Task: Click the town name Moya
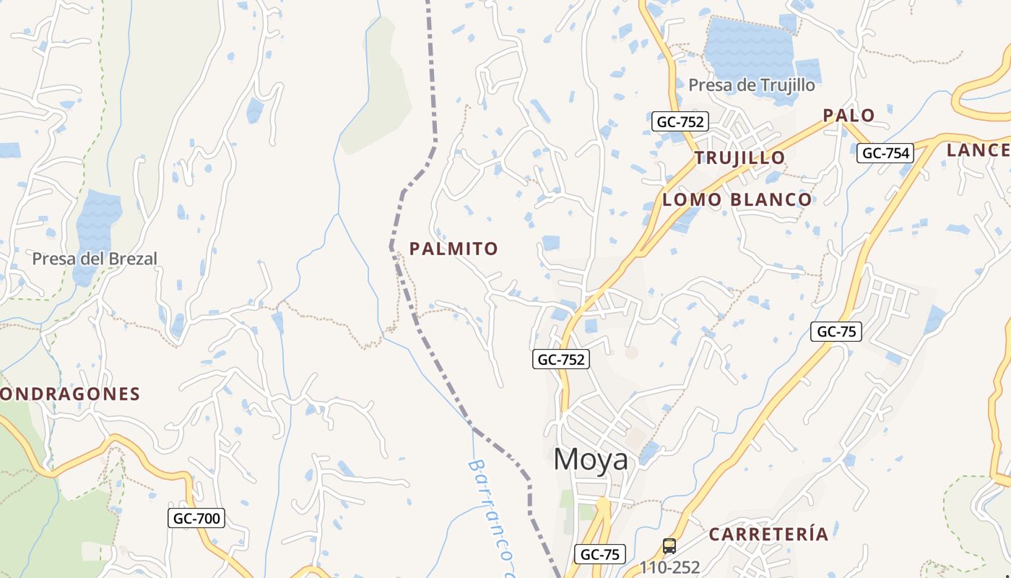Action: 591,460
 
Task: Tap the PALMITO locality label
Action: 454,249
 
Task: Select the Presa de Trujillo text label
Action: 751,85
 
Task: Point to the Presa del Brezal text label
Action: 94,259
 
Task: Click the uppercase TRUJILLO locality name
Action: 739,158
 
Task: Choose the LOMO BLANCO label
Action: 737,199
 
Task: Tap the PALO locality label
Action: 849,116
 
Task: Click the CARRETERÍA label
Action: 768,535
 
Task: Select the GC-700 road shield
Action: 196,518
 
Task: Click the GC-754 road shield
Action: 885,153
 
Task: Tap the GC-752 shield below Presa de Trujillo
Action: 680,121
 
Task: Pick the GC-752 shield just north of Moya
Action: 561,359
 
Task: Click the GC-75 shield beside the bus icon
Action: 600,555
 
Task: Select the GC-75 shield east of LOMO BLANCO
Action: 836,332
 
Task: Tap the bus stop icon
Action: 669,546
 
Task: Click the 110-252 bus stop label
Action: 669,567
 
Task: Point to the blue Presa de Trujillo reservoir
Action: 747,47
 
